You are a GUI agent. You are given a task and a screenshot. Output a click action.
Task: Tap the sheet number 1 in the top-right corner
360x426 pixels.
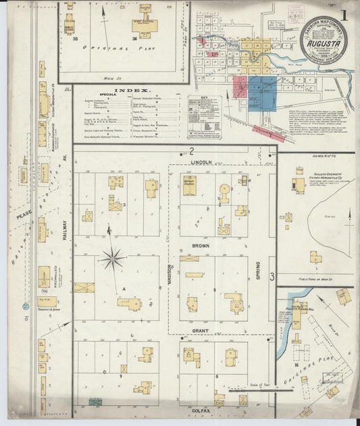coord(344,14)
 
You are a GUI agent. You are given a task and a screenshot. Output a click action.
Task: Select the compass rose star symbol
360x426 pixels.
coord(112,257)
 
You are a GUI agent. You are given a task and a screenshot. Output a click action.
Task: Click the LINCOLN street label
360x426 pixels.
coord(201,163)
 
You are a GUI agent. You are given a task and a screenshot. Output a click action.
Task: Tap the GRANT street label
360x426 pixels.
coord(201,331)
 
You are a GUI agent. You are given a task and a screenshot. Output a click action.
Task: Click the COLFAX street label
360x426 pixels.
coord(201,410)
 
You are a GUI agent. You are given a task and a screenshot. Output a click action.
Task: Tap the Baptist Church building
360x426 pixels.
coord(190,186)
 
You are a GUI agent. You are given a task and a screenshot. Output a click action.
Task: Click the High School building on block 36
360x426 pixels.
coord(140,26)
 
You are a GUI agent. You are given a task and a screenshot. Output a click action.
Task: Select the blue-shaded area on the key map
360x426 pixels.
coord(262,92)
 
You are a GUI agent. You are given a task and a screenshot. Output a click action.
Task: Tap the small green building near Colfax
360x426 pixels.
coord(95,402)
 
